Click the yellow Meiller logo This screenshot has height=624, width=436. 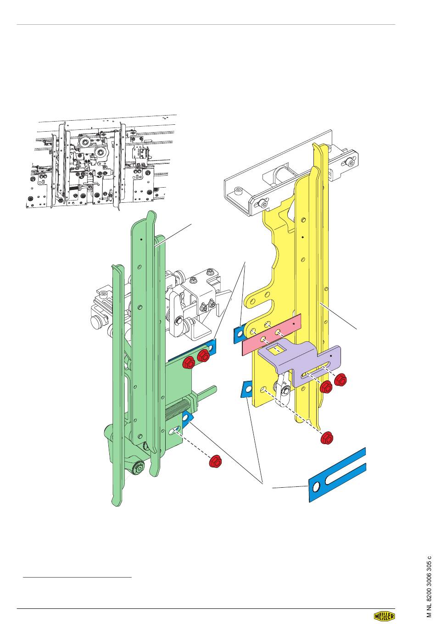(384, 616)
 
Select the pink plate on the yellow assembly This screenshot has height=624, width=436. (272, 334)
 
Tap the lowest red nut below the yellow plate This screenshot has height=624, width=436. (326, 439)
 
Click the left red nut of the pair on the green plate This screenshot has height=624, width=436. (189, 362)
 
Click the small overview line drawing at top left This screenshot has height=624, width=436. (102, 163)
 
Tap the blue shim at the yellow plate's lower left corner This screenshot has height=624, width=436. (246, 389)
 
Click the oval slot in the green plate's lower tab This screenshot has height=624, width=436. (174, 430)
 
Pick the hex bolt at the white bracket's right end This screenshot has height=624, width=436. (351, 162)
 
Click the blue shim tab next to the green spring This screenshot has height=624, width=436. (187, 419)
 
